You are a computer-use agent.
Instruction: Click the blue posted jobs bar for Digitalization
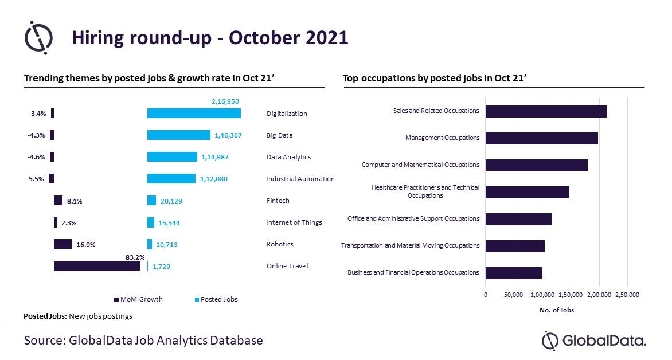pyautogui.click(x=194, y=113)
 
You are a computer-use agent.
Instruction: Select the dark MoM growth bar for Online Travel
pyautogui.click(x=97, y=266)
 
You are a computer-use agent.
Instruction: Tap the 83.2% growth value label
pyautogui.click(x=135, y=257)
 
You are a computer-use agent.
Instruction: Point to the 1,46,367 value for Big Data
pyautogui.click(x=228, y=135)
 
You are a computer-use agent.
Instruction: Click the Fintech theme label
pyautogui.click(x=278, y=201)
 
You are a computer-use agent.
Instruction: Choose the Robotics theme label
pyautogui.click(x=280, y=244)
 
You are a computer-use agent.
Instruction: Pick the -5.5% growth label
pyautogui.click(x=35, y=179)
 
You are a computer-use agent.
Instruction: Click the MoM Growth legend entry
pyautogui.click(x=138, y=299)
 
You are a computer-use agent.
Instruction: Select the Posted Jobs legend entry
pyautogui.click(x=216, y=299)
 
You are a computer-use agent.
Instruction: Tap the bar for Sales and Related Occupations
pyautogui.click(x=546, y=111)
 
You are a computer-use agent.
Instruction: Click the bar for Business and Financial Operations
pyautogui.click(x=513, y=273)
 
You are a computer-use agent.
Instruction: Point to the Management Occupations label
pyautogui.click(x=442, y=138)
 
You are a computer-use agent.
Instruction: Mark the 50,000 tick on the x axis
pyautogui.click(x=513, y=295)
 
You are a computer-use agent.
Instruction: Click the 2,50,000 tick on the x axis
pyautogui.click(x=627, y=295)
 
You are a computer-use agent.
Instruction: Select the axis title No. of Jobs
pyautogui.click(x=556, y=310)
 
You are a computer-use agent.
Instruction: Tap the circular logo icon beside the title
pyautogui.click(x=38, y=37)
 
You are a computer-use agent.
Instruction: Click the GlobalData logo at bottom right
pyautogui.click(x=593, y=341)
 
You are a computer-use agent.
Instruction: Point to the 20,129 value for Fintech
pyautogui.click(x=171, y=201)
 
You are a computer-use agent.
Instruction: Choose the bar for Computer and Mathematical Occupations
pyautogui.click(x=537, y=166)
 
